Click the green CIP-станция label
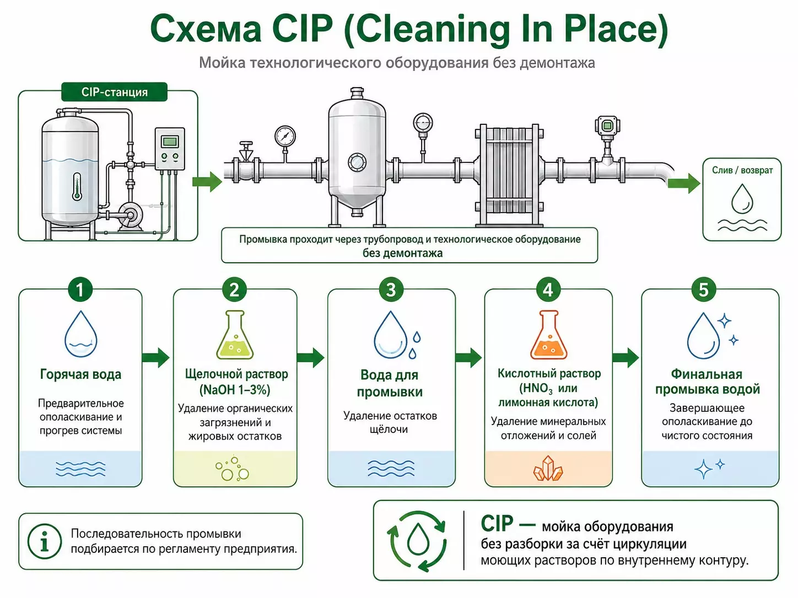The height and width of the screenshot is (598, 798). tap(114, 92)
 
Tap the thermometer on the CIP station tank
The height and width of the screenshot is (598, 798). tap(77, 186)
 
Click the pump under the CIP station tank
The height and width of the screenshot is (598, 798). tap(128, 216)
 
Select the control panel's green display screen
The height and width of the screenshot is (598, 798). tap(169, 141)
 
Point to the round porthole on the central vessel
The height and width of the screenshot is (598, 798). tap(357, 161)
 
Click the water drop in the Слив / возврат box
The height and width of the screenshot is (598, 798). tap(742, 198)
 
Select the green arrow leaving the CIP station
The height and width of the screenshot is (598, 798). tap(207, 181)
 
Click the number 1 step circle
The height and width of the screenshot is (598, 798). tap(80, 290)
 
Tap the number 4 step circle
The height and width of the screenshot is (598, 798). tap(548, 290)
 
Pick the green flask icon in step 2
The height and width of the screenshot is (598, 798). tap(235, 334)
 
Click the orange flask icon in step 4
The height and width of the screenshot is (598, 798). tap(548, 334)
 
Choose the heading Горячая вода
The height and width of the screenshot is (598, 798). tap(80, 374)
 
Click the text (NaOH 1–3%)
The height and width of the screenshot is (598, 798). tap(235, 390)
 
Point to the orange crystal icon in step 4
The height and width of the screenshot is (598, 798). tap(548, 469)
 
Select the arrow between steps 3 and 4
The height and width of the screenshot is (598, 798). tap(468, 357)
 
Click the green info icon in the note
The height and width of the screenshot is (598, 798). tap(44, 541)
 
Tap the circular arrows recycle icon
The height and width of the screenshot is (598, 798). tap(417, 541)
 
